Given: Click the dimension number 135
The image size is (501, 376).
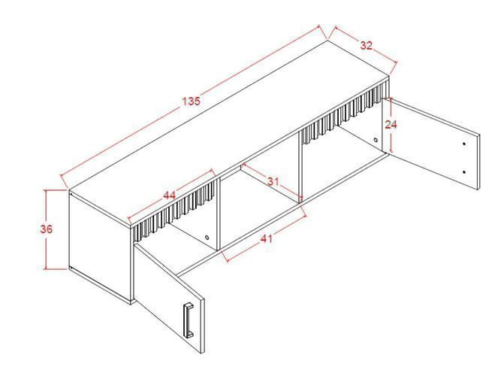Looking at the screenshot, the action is [191, 101].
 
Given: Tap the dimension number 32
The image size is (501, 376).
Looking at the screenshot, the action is [367, 45].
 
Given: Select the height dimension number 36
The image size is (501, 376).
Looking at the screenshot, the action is [47, 229].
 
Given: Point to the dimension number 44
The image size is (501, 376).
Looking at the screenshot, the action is [169, 196].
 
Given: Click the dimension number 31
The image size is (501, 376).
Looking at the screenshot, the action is [273, 182].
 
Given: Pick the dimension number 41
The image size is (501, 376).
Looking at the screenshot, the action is [266, 238].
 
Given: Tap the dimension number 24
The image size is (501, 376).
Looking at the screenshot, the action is [391, 125].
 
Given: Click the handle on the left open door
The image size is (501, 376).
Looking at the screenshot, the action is [189, 320].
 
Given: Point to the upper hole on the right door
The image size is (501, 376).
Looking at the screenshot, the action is [464, 144].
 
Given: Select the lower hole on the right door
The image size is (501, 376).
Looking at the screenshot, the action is [464, 172].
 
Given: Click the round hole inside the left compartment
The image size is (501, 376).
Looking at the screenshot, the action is [207, 238].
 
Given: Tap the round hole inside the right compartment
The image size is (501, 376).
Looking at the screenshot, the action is [376, 140].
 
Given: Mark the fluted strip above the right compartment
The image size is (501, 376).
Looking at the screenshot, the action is [345, 112].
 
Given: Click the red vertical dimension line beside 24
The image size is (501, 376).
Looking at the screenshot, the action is [392, 126].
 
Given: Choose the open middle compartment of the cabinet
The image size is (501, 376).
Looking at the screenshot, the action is [259, 208].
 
